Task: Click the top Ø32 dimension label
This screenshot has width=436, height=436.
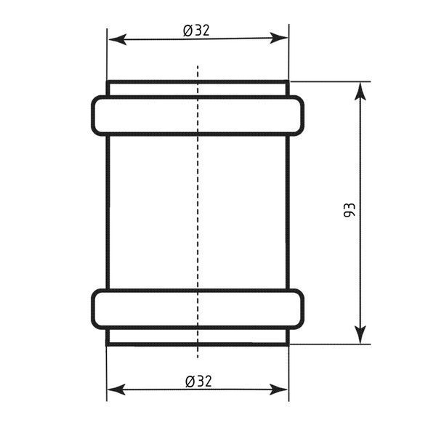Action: [x=196, y=31]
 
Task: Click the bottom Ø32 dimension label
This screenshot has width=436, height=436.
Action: [x=198, y=381]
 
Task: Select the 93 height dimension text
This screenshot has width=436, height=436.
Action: [x=350, y=210]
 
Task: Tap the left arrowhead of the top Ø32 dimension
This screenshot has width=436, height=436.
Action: [x=117, y=39]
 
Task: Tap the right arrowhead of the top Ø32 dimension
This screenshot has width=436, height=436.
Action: [x=279, y=38]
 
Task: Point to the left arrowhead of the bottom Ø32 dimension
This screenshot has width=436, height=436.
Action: [x=116, y=389]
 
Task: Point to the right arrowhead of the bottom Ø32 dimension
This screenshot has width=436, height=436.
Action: [x=279, y=389]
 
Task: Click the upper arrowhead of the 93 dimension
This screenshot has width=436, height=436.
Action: [x=360, y=92]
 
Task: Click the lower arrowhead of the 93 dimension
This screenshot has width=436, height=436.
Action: [x=360, y=335]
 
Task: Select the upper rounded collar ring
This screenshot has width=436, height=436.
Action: [x=198, y=97]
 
